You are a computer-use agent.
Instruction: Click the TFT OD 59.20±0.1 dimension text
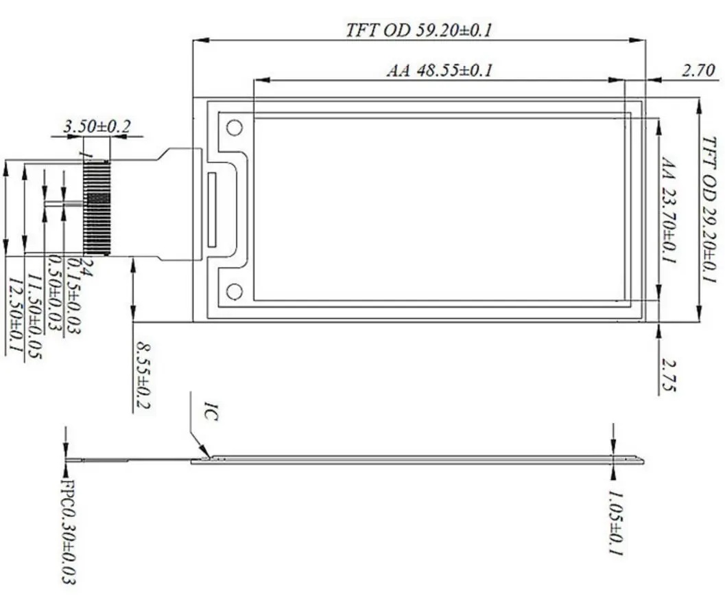coord(418,30)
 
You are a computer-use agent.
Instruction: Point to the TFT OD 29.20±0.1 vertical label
coord(710,209)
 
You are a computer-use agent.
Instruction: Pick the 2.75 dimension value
coord(669,374)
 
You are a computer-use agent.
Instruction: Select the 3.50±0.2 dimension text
coord(97,126)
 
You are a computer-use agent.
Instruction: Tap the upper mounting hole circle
coord(235,128)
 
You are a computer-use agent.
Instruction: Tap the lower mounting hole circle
coord(235,292)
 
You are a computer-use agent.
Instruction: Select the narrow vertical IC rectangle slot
coord(212,210)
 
